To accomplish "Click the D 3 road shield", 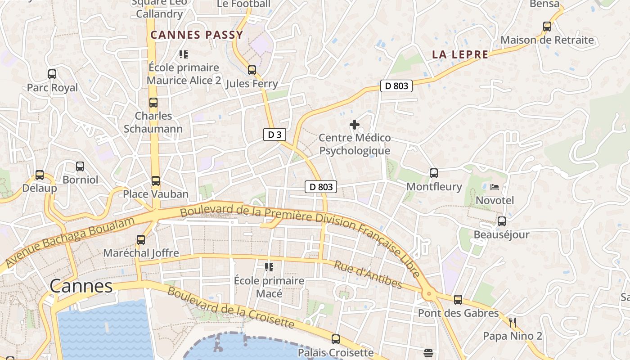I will pyautogui.click(x=274, y=134).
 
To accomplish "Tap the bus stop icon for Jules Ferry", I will pyautogui.click(x=252, y=70).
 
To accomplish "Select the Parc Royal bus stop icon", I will pyautogui.click(x=52, y=74).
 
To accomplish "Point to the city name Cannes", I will pyautogui.click(x=81, y=286).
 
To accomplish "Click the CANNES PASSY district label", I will pyautogui.click(x=197, y=35).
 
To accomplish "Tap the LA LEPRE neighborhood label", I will pyautogui.click(x=460, y=55).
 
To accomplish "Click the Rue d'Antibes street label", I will pyautogui.click(x=368, y=274).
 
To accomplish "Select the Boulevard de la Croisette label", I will pyautogui.click(x=230, y=307).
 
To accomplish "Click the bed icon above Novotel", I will pyautogui.click(x=495, y=187).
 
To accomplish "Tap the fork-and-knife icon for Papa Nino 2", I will pyautogui.click(x=512, y=322).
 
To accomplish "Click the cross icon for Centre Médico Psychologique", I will pyautogui.click(x=355, y=125).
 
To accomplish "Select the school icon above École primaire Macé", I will pyautogui.click(x=269, y=267).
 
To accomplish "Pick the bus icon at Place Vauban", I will pyautogui.click(x=156, y=181).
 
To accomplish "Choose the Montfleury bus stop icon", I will pyautogui.click(x=434, y=173).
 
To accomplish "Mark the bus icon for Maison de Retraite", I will pyautogui.click(x=547, y=27).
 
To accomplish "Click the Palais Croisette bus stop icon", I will pyautogui.click(x=336, y=339).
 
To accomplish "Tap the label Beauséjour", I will pyautogui.click(x=501, y=234).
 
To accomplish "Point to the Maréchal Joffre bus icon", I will pyautogui.click(x=141, y=240).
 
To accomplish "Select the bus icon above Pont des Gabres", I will pyautogui.click(x=458, y=300).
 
